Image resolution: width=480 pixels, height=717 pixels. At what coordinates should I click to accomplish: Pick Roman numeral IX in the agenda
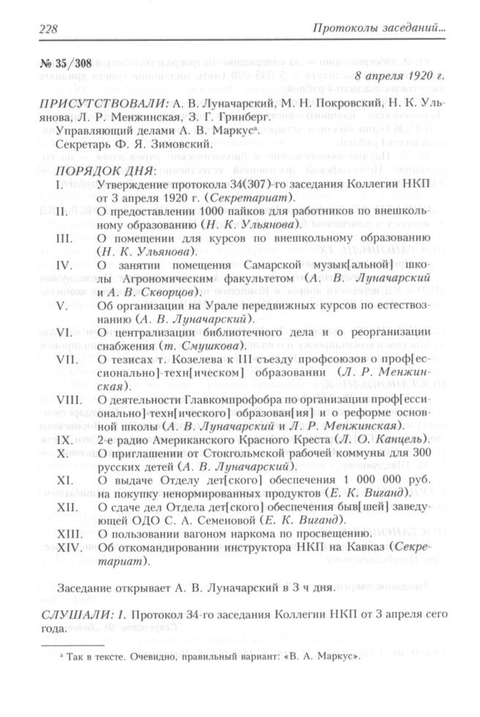click(x=67, y=438)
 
